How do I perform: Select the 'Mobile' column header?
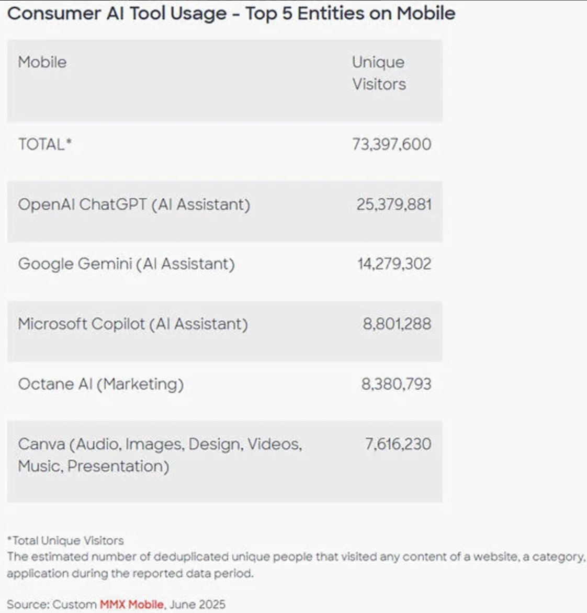click(42, 62)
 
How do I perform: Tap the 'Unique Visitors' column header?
click(379, 73)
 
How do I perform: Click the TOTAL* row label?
click(44, 144)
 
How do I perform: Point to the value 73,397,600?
click(391, 144)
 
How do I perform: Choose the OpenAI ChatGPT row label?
click(134, 204)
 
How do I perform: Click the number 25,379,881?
click(394, 204)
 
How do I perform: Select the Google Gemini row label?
click(126, 264)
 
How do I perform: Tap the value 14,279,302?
click(394, 264)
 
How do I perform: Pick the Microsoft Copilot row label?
click(133, 324)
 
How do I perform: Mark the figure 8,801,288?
click(397, 324)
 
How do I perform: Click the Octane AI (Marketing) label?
click(101, 384)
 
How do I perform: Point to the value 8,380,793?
click(396, 384)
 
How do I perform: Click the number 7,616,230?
click(398, 444)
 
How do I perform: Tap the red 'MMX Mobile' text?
click(132, 604)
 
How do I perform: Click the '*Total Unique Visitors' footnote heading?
click(65, 540)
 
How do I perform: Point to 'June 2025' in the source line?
click(197, 604)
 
